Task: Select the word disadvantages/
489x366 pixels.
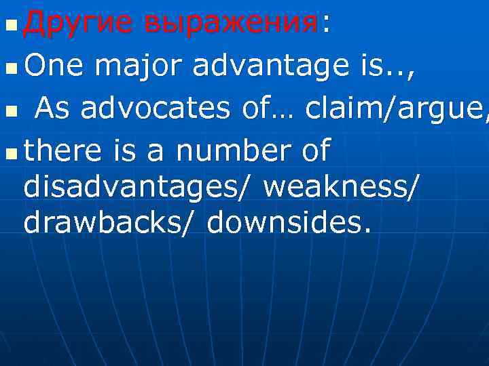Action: click(x=139, y=187)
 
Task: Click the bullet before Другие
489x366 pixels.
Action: click(x=9, y=28)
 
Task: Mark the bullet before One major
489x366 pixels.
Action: click(x=9, y=69)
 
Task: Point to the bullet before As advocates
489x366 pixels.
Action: click(x=9, y=110)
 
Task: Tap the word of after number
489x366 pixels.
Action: click(x=314, y=150)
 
